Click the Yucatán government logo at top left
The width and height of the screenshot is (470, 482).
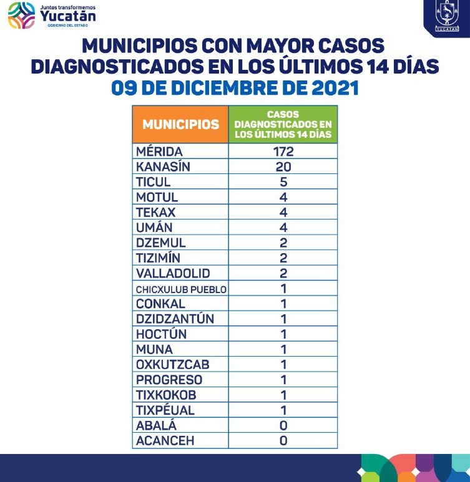click(x=52, y=15)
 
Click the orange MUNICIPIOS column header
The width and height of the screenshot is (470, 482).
click(x=180, y=124)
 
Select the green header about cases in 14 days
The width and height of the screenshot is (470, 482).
click(x=283, y=125)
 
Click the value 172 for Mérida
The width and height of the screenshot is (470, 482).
click(x=283, y=152)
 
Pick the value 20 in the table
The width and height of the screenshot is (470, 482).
click(x=283, y=166)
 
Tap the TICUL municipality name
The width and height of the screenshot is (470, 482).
click(x=153, y=182)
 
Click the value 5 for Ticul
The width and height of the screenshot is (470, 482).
click(x=283, y=182)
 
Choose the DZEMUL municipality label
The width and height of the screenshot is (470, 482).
click(x=160, y=243)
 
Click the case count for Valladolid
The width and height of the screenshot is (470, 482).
click(x=283, y=273)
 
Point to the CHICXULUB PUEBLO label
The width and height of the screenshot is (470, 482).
click(x=181, y=289)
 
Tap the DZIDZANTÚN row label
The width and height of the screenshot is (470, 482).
click(x=174, y=319)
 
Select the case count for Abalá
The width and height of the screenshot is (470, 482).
click(x=283, y=425)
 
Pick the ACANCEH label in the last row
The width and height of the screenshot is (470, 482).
click(x=165, y=441)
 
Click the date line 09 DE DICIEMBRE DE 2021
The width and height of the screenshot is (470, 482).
click(x=235, y=87)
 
